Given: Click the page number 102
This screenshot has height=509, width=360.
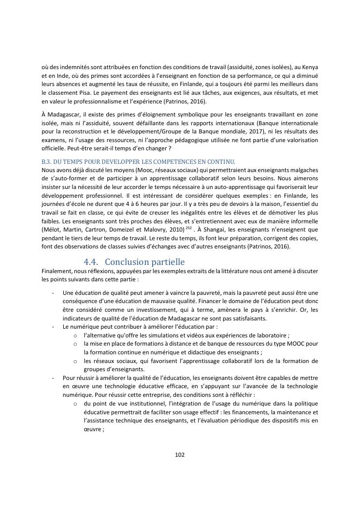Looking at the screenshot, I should pos(180,454).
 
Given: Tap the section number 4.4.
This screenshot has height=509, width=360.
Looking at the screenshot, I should pos(91,262).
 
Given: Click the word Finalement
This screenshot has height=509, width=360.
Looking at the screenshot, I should pos(57,271).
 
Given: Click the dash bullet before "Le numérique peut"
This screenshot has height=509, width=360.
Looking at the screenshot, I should pos(52,327).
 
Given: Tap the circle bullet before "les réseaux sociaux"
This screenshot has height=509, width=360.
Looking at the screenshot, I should pos(75,361).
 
